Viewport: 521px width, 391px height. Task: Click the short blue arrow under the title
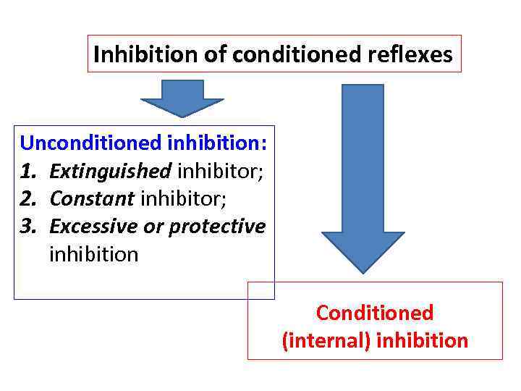pyautogui.click(x=182, y=98)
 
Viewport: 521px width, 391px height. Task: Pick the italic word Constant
pyautogui.click(x=92, y=198)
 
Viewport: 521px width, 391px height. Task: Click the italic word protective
pyautogui.click(x=217, y=227)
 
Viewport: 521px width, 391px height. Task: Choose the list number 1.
pyautogui.click(x=28, y=170)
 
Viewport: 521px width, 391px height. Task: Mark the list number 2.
pyautogui.click(x=28, y=198)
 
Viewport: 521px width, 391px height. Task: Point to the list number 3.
pyautogui.click(x=28, y=227)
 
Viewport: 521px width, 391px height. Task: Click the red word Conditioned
pyautogui.click(x=375, y=313)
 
